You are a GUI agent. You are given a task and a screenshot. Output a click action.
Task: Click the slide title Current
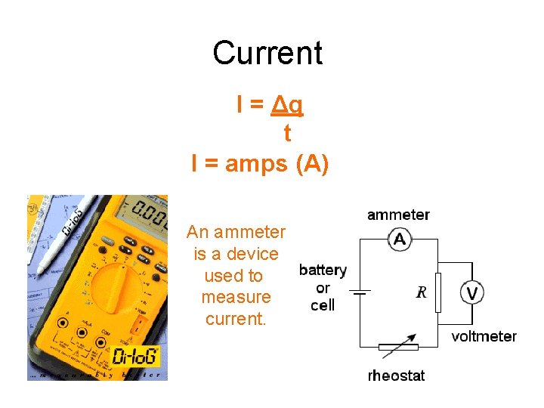coord(267,53)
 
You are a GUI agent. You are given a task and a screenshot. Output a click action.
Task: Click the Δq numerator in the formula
coord(287,105)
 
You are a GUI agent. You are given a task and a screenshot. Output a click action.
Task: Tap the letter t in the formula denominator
coord(286,133)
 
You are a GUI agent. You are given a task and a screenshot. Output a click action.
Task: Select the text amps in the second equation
coord(246,164)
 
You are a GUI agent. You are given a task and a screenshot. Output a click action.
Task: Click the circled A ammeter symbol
coord(400,240)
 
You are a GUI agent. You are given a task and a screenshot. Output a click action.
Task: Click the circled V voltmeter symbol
coord(472,292)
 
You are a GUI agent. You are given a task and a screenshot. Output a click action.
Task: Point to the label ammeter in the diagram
coord(398,215)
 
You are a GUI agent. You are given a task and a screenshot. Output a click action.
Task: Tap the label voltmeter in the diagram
coord(484,336)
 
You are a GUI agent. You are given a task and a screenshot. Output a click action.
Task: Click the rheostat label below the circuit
coord(396,375)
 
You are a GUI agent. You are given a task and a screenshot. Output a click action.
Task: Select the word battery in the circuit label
coord(323,270)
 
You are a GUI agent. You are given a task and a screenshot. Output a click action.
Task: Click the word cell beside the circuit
coord(323,305)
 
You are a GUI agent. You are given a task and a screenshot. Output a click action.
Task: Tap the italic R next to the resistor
coord(422,292)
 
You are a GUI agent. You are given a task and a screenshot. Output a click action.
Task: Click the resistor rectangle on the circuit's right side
coord(438,292)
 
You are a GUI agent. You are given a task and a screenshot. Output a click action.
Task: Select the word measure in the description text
coord(236,297)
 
